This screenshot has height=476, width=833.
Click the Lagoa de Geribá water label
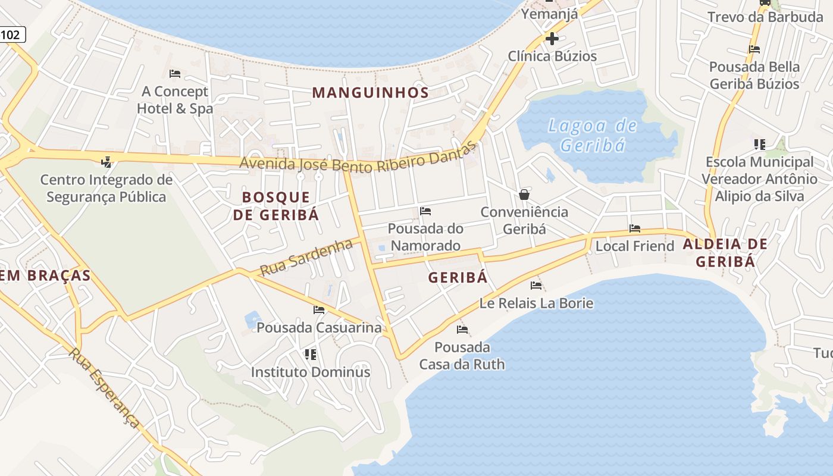click(x=592, y=135)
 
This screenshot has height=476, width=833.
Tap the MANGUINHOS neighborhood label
click(x=370, y=93)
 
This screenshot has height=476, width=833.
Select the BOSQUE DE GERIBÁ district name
click(x=276, y=206)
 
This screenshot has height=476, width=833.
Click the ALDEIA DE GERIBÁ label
click(x=725, y=252)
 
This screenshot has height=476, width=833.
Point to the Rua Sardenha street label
click(x=307, y=257)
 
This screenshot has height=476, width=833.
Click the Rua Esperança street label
click(x=104, y=388)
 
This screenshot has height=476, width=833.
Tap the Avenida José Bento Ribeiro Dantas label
click(x=358, y=159)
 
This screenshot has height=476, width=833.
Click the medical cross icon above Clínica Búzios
click(x=552, y=39)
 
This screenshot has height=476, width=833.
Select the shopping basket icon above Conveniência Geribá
click(x=524, y=195)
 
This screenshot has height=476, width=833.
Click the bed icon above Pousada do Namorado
click(x=425, y=211)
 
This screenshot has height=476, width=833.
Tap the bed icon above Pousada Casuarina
click(x=319, y=310)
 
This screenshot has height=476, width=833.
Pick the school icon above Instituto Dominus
click(x=310, y=355)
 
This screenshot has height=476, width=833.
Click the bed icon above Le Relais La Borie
click(x=536, y=286)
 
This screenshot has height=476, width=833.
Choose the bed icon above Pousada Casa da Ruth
click(x=462, y=330)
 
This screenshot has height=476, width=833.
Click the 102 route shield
click(x=11, y=35)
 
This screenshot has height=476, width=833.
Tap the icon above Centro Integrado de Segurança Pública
click(x=106, y=162)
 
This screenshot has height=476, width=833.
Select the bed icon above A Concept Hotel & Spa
click(x=174, y=74)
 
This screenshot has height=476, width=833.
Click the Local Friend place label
click(x=634, y=246)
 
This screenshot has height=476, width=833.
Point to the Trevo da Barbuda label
click(x=765, y=17)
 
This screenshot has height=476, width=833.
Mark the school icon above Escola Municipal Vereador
click(x=759, y=144)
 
